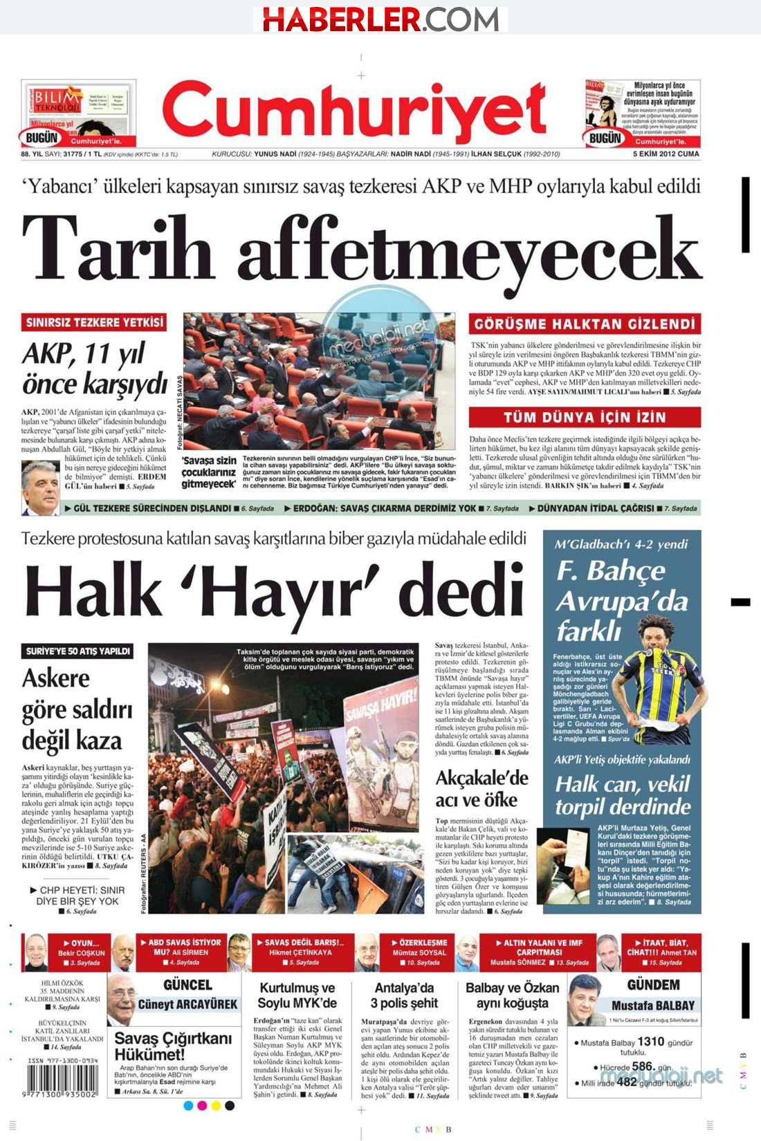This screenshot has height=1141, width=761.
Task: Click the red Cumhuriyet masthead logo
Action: [354, 112]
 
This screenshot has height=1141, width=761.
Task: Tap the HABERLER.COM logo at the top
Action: [380, 19]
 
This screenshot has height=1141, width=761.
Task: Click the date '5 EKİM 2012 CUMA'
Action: [666, 154]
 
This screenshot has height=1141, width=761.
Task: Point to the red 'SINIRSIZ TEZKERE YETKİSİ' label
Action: [95, 322]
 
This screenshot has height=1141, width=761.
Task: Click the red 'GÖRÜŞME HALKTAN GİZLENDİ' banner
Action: [585, 324]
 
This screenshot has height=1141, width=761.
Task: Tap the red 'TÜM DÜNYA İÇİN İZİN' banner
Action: [585, 417]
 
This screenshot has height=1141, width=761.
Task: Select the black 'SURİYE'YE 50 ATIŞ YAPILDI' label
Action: [77, 651]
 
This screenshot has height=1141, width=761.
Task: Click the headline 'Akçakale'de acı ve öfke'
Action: [482, 789]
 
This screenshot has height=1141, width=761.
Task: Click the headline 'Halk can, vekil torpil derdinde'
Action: [623, 795]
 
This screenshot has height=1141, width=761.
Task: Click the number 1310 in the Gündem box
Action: [650, 1041]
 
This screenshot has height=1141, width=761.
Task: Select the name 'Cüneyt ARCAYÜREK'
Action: [187, 1004]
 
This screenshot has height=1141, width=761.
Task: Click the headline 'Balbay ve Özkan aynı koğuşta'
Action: [512, 996]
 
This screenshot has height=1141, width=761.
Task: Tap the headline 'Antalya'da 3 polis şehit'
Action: [404, 996]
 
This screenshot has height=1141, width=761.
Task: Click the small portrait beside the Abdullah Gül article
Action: [40, 488]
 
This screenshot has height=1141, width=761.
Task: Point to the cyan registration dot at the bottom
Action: [188, 1106]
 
